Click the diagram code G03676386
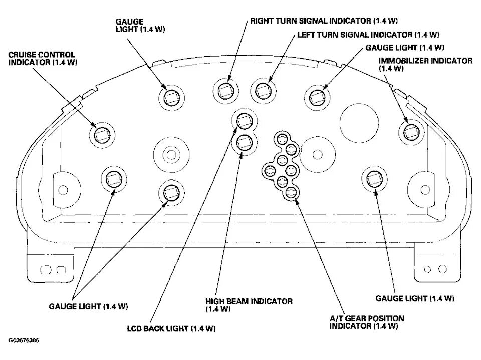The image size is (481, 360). (x=24, y=341)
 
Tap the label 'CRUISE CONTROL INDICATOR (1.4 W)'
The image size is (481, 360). (x=42, y=59)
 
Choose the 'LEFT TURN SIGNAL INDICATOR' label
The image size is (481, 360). (x=368, y=35)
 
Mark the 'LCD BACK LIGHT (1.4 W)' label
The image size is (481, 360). (x=171, y=329)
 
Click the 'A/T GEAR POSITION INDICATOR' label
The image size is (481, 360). (x=366, y=322)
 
